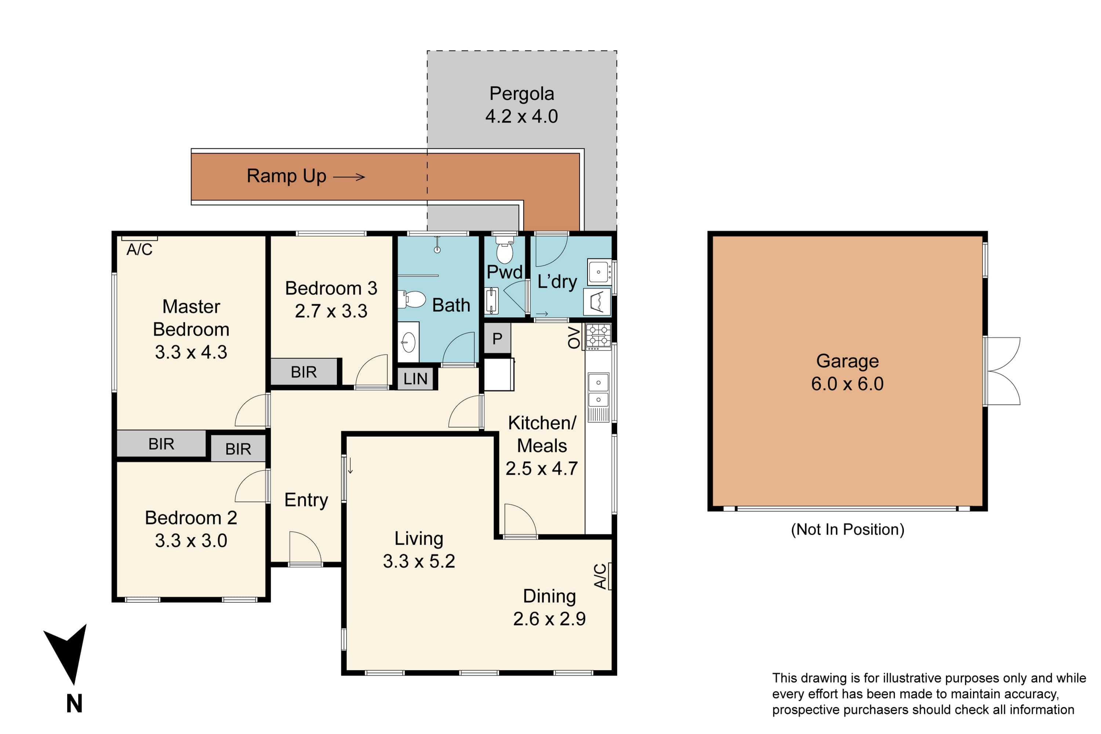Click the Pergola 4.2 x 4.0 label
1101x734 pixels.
[522, 105]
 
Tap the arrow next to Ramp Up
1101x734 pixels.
[349, 177]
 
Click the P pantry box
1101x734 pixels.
[497, 338]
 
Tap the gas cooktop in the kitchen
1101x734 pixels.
[598, 337]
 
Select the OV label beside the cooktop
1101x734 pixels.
[574, 338]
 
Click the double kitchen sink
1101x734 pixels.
[598, 391]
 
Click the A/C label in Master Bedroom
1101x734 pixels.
[139, 250]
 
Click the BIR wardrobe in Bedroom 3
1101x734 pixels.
[304, 372]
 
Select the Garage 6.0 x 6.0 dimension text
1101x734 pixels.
[847, 384]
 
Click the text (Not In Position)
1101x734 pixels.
[847, 530]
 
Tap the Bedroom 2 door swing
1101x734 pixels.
[251, 486]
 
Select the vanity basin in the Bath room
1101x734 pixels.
[408, 342]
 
